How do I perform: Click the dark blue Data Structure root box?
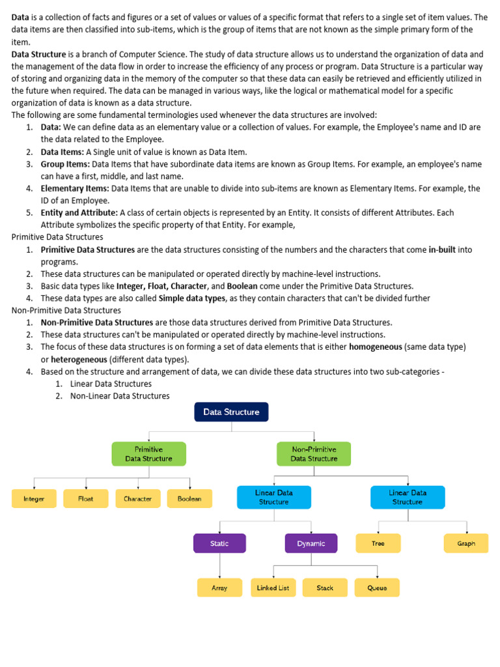[231, 412]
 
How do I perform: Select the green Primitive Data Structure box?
[148, 454]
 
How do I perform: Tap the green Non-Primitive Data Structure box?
[314, 454]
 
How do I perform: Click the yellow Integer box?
[34, 499]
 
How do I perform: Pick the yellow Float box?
[86, 499]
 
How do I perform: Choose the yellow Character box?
[138, 499]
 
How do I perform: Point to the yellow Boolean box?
[189, 499]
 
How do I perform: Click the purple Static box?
[219, 543]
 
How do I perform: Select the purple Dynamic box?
[311, 543]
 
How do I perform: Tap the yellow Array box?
[219, 588]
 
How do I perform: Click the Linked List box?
[273, 588]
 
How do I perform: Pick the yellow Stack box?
[325, 588]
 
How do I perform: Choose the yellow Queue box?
[377, 588]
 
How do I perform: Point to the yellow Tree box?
[378, 543]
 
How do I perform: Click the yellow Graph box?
[466, 543]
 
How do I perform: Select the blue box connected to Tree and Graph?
[408, 497]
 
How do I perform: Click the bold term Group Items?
[65, 164]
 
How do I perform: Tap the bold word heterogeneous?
[79, 360]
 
